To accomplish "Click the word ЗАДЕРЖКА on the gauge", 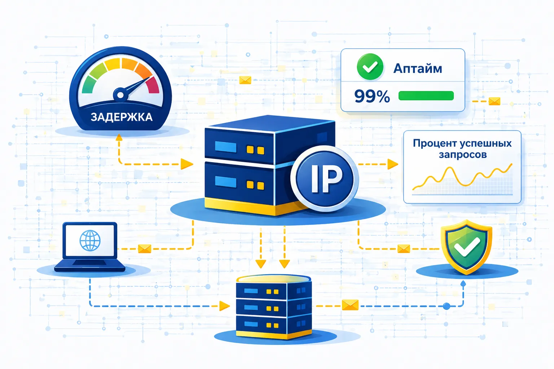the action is click(122, 117).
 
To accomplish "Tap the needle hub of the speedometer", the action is click(120, 95).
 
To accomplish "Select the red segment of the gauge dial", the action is click(153, 85).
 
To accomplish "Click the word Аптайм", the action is click(417, 69).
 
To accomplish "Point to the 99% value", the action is click(372, 96).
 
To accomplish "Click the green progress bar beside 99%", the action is click(426, 95).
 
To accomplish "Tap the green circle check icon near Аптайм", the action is click(370, 67).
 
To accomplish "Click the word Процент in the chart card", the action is click(432, 143).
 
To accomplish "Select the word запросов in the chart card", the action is click(463, 155).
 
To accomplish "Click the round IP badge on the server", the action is click(325, 178).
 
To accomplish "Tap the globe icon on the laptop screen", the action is click(90, 240).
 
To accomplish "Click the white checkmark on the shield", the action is click(467, 246).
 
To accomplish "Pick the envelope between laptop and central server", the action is click(144, 249).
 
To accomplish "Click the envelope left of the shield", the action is click(404, 249).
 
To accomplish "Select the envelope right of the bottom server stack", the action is click(350, 305).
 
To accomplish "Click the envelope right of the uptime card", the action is click(494, 101).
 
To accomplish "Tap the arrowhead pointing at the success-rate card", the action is click(392, 164).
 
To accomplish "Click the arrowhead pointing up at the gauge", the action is click(119, 137).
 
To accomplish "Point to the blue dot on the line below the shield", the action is click(447, 306).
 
